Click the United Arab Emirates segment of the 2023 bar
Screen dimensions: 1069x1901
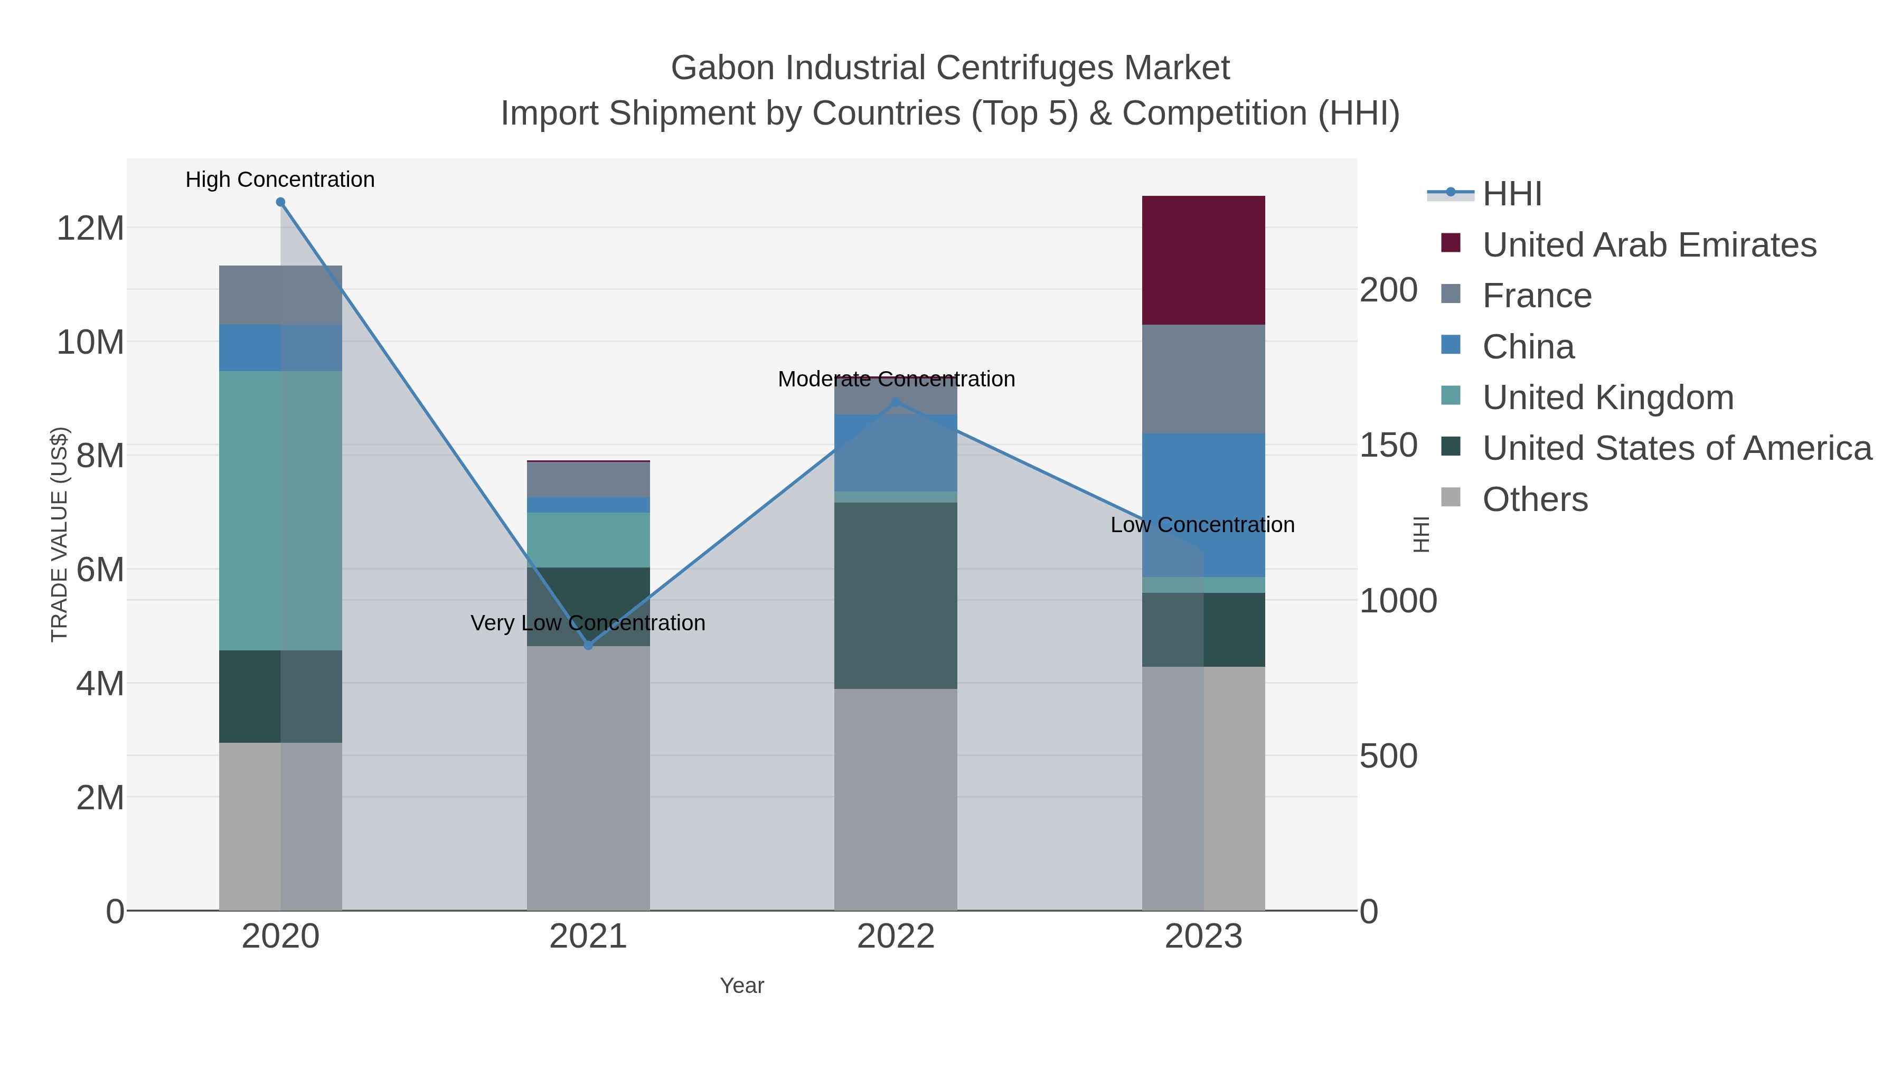(x=1203, y=260)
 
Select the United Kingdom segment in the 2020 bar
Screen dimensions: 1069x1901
(x=280, y=510)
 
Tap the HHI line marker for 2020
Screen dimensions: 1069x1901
(x=280, y=202)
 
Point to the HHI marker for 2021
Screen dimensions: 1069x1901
(x=588, y=646)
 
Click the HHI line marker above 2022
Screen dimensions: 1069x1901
(x=896, y=402)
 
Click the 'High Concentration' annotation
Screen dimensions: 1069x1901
(x=280, y=179)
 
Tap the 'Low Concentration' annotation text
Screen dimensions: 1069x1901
(x=1202, y=525)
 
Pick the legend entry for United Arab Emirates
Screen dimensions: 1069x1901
(x=1649, y=245)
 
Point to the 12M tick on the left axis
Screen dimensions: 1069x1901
(x=90, y=228)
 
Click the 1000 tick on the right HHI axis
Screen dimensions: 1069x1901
(x=1398, y=601)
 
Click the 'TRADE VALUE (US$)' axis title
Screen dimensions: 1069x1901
(x=59, y=534)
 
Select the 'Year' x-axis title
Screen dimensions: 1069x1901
(x=742, y=986)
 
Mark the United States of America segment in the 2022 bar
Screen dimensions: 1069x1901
(x=896, y=595)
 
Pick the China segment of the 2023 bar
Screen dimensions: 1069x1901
(x=1203, y=505)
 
